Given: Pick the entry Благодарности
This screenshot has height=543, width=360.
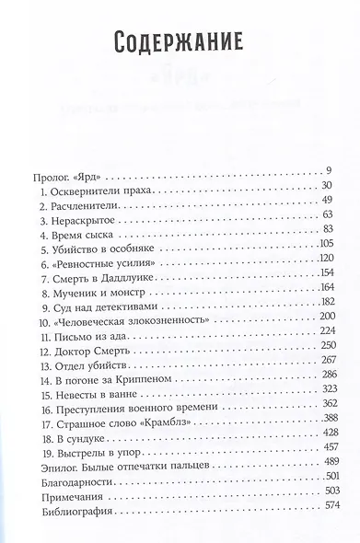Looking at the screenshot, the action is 70,508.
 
